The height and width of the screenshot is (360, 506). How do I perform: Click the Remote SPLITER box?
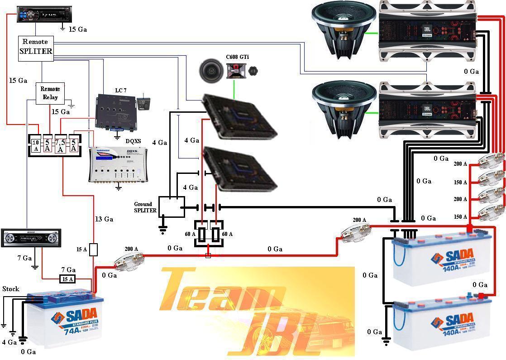(x=36, y=47)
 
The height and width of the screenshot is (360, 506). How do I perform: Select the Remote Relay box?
(x=50, y=93)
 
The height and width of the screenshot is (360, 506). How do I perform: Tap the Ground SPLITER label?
(x=145, y=207)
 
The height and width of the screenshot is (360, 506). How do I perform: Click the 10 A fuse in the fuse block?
(x=35, y=145)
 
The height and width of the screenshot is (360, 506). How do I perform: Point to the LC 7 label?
(x=121, y=91)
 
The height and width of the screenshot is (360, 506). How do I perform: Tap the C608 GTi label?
(x=237, y=57)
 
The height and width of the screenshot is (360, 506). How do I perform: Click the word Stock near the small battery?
(x=11, y=288)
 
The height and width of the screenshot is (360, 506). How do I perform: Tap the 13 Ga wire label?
(x=104, y=219)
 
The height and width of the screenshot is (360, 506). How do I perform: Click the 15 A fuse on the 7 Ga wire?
(x=67, y=279)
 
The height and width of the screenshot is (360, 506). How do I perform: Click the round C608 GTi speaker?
(x=210, y=70)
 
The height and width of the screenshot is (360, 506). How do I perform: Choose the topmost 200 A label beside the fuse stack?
(x=460, y=164)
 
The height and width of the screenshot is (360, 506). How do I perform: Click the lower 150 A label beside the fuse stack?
(x=460, y=217)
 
